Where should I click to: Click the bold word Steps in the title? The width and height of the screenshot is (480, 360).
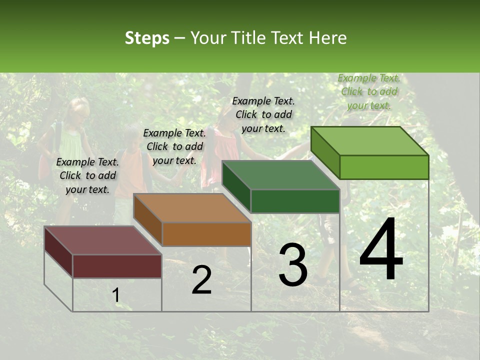(147, 38)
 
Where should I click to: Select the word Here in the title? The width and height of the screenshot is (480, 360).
(328, 38)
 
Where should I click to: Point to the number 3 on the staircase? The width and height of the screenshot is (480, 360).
(293, 265)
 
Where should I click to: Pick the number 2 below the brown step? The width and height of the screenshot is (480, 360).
(201, 280)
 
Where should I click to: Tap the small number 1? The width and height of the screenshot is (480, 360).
(116, 295)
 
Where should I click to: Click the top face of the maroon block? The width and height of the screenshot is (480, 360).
(102, 240)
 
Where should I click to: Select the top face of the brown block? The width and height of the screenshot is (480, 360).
(191, 207)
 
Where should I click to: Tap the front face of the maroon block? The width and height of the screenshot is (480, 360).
(117, 266)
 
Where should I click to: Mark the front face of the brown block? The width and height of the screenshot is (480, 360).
(206, 234)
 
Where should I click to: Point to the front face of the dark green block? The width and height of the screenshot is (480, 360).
(295, 201)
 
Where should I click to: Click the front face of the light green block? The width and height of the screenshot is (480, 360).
(384, 167)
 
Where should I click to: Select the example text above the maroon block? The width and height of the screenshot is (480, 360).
(87, 176)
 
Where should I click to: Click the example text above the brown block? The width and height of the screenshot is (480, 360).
(174, 146)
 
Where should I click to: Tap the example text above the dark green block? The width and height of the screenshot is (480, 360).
(263, 114)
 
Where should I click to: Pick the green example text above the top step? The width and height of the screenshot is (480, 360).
(369, 91)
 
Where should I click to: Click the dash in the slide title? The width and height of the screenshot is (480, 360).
(180, 38)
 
